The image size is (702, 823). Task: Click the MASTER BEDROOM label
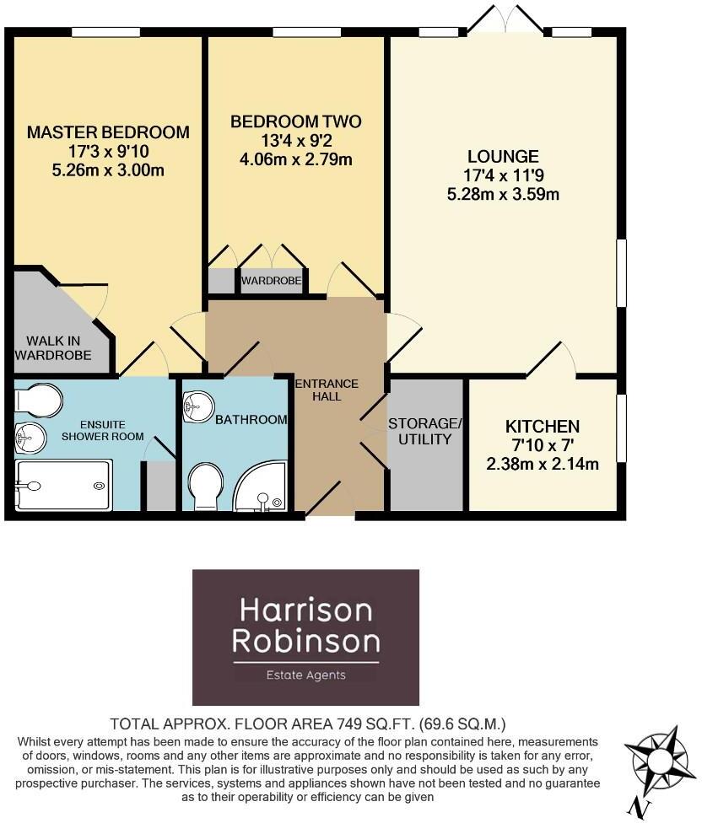(x=108, y=132)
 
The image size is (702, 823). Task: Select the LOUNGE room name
(x=503, y=157)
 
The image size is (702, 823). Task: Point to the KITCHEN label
(x=543, y=426)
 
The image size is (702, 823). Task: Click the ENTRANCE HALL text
(x=327, y=390)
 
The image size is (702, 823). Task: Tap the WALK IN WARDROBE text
(x=52, y=347)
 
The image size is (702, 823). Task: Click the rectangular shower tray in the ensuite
(x=64, y=485)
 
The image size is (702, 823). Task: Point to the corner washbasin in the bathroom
(x=197, y=406)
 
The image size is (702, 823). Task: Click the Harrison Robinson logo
(x=305, y=637)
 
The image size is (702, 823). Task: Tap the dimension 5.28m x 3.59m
(x=504, y=195)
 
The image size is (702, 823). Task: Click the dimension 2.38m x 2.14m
(x=543, y=463)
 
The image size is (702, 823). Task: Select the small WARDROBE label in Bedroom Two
(x=271, y=281)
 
